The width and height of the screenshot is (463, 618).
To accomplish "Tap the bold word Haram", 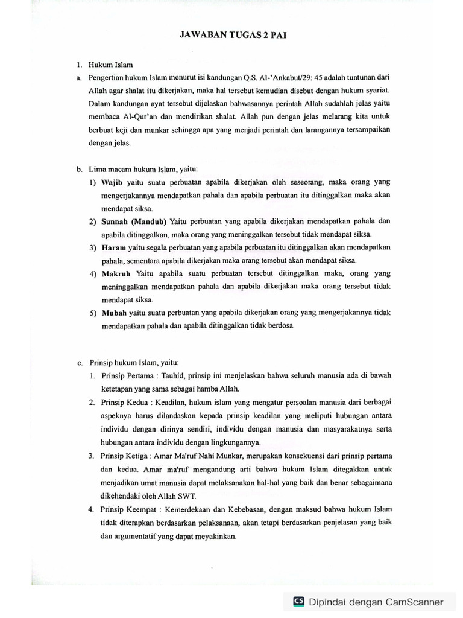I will point(113,247).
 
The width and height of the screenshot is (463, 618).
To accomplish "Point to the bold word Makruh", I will point(116,273).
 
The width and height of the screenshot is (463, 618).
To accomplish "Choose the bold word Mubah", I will point(114,313).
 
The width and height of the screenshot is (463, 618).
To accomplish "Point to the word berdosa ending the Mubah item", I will point(279,326).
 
